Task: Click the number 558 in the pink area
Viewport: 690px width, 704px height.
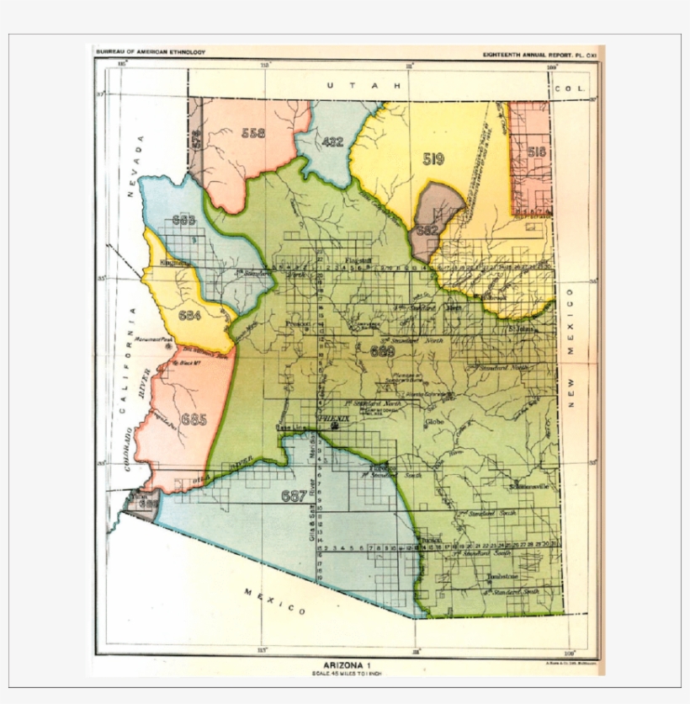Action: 252,132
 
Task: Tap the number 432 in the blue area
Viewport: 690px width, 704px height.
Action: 333,141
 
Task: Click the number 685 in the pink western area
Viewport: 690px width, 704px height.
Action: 194,419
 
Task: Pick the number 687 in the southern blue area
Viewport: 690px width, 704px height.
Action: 294,496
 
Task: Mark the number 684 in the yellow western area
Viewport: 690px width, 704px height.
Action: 190,316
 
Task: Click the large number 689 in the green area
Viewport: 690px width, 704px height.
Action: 382,351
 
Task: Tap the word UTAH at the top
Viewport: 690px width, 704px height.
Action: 365,86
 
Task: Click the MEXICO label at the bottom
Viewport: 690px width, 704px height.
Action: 274,601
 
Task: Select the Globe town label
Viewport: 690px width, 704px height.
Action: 434,420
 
